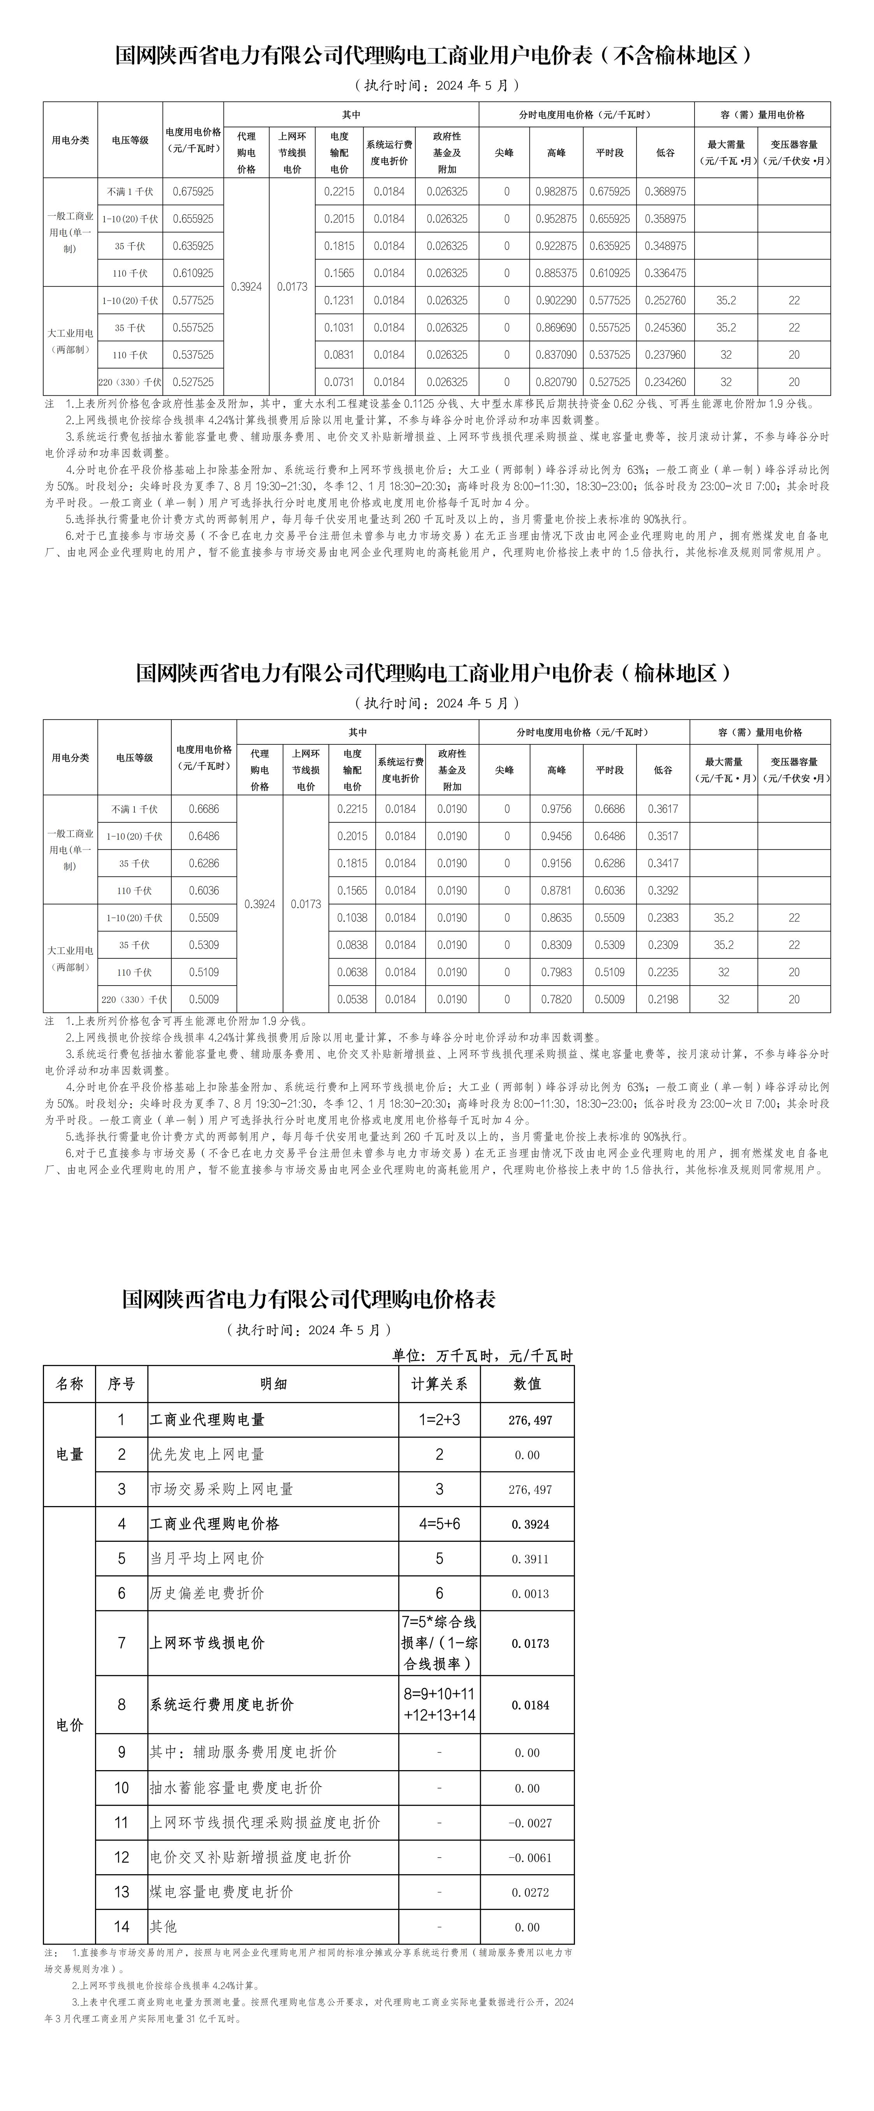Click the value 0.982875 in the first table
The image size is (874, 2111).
(x=556, y=192)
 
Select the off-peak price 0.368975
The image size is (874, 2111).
(x=665, y=192)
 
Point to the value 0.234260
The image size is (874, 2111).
(x=665, y=382)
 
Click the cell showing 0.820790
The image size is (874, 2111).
(x=556, y=382)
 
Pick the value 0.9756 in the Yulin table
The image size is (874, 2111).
(x=556, y=809)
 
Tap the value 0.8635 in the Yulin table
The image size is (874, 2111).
(x=556, y=918)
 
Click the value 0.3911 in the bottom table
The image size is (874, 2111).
(x=530, y=1559)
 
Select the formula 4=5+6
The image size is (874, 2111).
(x=439, y=1524)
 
